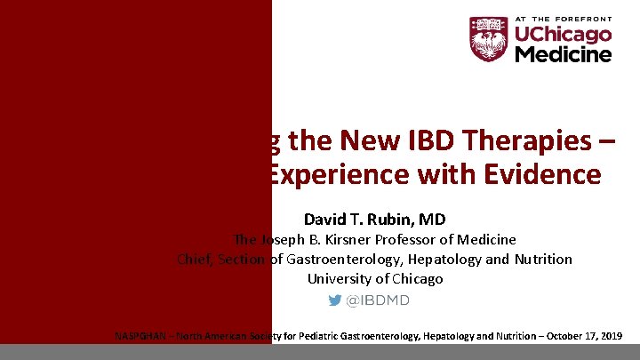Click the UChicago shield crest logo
[489, 39]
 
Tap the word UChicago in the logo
[564, 35]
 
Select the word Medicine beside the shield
[564, 54]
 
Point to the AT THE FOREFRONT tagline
[564, 18]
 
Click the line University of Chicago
[374, 278]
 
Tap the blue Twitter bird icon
[334, 300]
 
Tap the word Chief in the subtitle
[192, 259]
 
